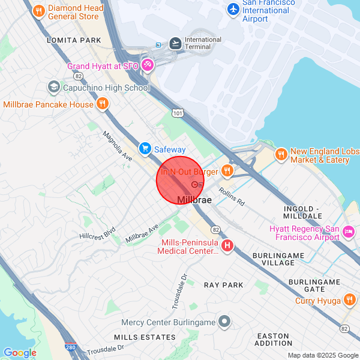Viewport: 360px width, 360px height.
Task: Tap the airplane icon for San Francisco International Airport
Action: coord(233,10)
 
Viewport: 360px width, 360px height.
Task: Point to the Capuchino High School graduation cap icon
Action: coord(53,88)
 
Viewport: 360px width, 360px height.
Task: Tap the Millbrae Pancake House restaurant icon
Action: coord(103,104)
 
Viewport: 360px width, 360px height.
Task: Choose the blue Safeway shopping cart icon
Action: coord(145,148)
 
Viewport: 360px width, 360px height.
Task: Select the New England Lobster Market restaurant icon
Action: coord(281,155)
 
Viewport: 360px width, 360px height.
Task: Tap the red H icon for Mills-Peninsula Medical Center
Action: coord(227,245)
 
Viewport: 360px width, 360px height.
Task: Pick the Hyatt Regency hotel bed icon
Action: coord(349,232)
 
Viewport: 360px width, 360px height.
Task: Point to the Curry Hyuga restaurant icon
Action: coord(350,300)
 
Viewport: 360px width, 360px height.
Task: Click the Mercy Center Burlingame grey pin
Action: coord(224,322)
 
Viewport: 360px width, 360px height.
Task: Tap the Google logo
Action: coord(20,353)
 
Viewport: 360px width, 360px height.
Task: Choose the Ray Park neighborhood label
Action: coord(224,285)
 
